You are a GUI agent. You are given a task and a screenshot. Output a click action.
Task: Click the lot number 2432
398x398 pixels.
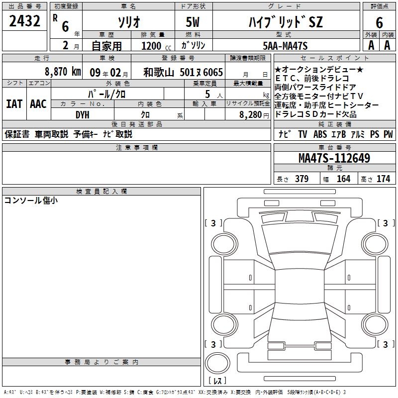[24, 21]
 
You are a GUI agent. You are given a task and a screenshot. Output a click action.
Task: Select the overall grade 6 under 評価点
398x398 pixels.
[379, 22]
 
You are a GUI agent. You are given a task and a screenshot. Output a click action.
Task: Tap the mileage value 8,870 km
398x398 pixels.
[63, 72]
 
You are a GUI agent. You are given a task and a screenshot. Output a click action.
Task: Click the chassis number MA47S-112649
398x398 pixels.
[334, 158]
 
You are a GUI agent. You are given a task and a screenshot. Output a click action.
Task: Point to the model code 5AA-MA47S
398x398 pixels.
[285, 46]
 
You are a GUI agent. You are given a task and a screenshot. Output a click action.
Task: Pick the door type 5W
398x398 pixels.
[193, 22]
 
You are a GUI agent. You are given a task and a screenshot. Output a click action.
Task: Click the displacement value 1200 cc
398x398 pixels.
[156, 46]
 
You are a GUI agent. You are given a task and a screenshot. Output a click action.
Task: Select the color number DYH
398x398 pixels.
[83, 115]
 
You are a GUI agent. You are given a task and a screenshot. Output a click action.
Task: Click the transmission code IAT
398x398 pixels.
[14, 104]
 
